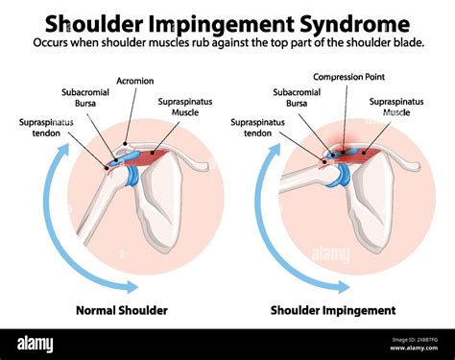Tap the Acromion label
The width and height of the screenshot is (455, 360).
pos(134,80)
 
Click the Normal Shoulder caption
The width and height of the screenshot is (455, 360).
pos(122,310)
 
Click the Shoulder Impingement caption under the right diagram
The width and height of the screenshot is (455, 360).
pos(332,310)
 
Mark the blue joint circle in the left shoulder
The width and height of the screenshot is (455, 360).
pos(130,177)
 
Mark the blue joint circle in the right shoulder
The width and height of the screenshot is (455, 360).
pos(341,176)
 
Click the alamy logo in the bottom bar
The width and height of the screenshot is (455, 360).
pos(38,344)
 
